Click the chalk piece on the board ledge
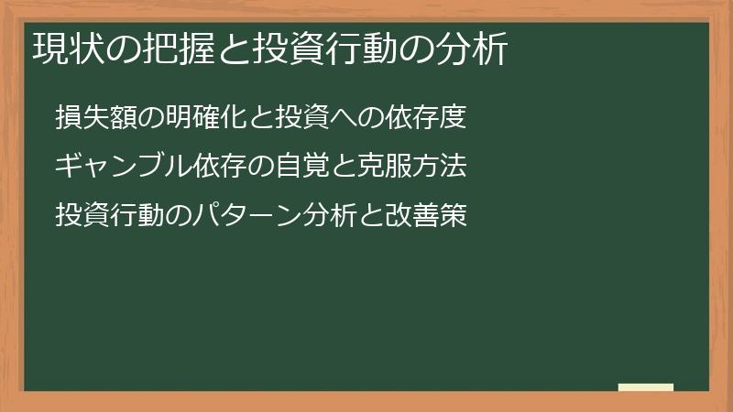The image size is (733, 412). point(646,387)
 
